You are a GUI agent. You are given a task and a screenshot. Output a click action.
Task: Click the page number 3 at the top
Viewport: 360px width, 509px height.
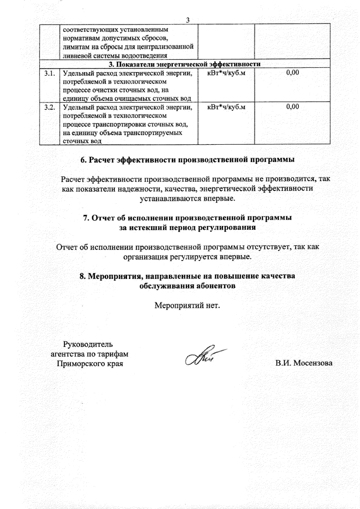pos(188,20)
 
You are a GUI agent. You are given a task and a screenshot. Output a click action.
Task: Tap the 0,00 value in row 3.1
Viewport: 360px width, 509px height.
pos(292,73)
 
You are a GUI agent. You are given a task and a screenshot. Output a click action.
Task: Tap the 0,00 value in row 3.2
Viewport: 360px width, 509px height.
pos(292,107)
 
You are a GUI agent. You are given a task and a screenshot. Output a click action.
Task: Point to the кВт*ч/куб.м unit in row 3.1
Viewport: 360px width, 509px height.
pos(226,73)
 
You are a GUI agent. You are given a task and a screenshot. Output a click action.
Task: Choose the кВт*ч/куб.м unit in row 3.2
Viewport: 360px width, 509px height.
pos(226,107)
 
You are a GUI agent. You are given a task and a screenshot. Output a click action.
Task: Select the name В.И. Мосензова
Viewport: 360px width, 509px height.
pos(304,363)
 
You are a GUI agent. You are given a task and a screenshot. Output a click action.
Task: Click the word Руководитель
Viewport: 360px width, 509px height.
pos(88,344)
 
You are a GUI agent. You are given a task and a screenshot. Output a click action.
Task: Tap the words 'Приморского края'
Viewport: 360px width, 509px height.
pos(90,364)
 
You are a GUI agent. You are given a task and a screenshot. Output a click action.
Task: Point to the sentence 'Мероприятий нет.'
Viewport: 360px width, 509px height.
pos(187,306)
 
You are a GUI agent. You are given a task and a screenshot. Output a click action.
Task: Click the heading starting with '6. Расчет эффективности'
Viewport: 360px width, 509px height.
pos(187,160)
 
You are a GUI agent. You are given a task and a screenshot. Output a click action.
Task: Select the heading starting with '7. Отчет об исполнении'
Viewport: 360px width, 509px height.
pos(187,218)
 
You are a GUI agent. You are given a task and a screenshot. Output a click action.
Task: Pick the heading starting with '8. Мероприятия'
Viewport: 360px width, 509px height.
pos(187,276)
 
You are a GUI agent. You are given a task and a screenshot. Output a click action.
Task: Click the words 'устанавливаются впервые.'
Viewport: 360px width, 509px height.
pos(187,198)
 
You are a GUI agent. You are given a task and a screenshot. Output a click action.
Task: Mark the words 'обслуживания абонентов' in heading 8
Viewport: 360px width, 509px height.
pos(187,286)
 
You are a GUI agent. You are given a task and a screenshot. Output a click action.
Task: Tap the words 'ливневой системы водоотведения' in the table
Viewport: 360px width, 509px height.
pos(115,55)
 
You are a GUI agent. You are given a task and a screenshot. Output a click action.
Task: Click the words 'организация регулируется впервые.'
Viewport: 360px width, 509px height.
pos(187,257)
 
